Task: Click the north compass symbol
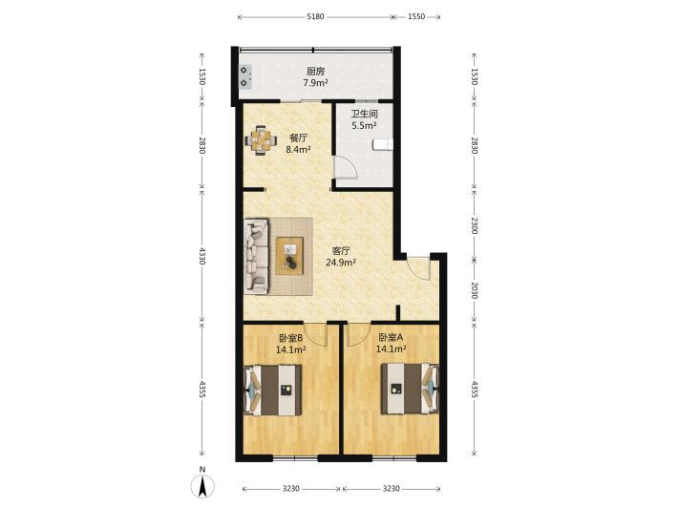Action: [x=202, y=484]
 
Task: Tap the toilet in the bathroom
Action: [x=383, y=145]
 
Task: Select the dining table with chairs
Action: [x=261, y=140]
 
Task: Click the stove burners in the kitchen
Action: [x=245, y=76]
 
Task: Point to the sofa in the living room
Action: [x=257, y=256]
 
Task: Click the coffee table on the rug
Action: [x=289, y=256]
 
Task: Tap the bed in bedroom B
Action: [x=273, y=390]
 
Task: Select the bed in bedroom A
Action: [x=410, y=389]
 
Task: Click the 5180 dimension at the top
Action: [x=315, y=17]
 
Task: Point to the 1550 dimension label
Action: [x=416, y=17]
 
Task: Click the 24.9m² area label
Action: [x=341, y=262]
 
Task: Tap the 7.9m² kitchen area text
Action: [x=315, y=82]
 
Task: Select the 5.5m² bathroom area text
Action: [x=364, y=126]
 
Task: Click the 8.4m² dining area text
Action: [x=298, y=150]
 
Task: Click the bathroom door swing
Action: [x=346, y=167]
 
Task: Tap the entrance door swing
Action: [x=418, y=268]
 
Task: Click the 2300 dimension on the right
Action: [x=475, y=225]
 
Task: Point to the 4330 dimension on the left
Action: [x=201, y=256]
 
